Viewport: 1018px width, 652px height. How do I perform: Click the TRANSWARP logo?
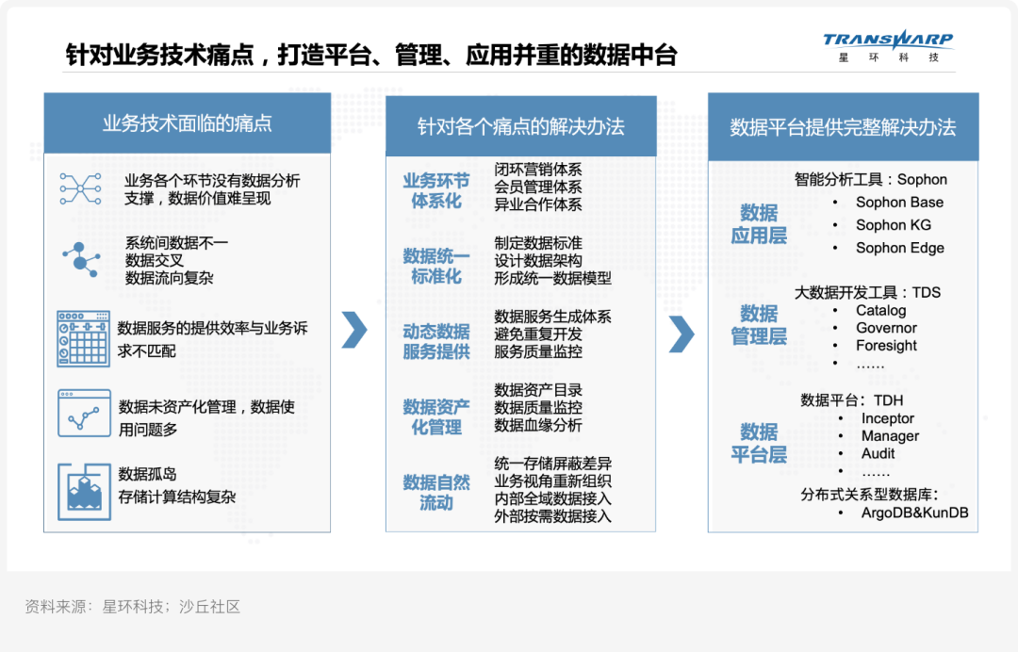[888, 45]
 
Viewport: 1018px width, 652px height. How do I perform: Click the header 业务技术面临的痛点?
[187, 123]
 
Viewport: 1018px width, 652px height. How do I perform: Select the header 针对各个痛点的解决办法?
[520, 126]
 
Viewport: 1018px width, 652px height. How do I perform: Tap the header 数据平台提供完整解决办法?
[843, 127]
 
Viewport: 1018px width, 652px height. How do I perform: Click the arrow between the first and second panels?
[354, 330]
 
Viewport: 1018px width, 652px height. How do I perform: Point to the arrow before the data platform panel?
[681, 334]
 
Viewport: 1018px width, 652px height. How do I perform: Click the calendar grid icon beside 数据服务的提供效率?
[83, 338]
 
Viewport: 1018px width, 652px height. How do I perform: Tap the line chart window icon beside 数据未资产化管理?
[85, 414]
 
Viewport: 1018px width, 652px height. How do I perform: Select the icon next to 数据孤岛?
[85, 492]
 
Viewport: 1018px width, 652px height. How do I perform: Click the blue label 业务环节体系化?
[436, 190]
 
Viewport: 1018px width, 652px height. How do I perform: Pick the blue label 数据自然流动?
[436, 493]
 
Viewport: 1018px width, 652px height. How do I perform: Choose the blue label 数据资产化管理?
[436, 417]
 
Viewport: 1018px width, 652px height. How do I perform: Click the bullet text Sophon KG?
[894, 225]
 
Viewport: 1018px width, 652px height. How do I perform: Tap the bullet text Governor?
[886, 328]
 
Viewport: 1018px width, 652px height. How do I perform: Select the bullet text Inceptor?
[888, 418]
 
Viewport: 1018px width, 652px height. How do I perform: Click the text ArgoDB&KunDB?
[914, 513]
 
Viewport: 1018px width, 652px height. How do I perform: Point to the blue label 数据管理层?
[759, 325]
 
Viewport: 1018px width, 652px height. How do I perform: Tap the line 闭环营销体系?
[537, 170]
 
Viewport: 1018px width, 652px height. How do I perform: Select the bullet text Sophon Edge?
[900, 248]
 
